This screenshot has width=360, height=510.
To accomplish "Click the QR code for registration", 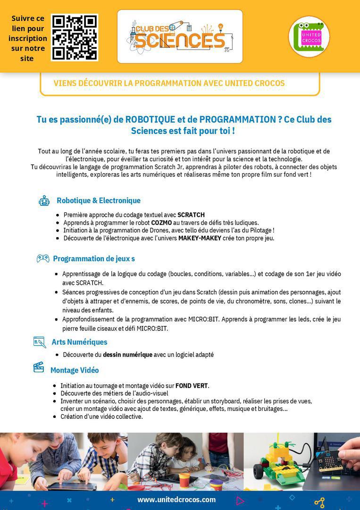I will [75, 37].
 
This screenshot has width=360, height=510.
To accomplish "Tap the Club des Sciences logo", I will [180, 36].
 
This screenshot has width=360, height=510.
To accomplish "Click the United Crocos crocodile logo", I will [309, 36].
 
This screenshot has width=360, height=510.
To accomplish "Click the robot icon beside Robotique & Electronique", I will [44, 201].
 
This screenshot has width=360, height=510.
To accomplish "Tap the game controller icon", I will [43, 258].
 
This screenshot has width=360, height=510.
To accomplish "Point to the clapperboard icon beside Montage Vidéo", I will [39, 367].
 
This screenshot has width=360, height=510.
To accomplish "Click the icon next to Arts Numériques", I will [40, 342].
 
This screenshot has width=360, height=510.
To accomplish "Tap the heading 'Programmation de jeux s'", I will [94, 259].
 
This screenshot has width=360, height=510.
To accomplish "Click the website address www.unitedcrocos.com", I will [176, 500].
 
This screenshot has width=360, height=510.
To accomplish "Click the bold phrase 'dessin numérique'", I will [127, 355].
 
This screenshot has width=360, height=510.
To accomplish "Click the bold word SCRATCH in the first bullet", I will [191, 215].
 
